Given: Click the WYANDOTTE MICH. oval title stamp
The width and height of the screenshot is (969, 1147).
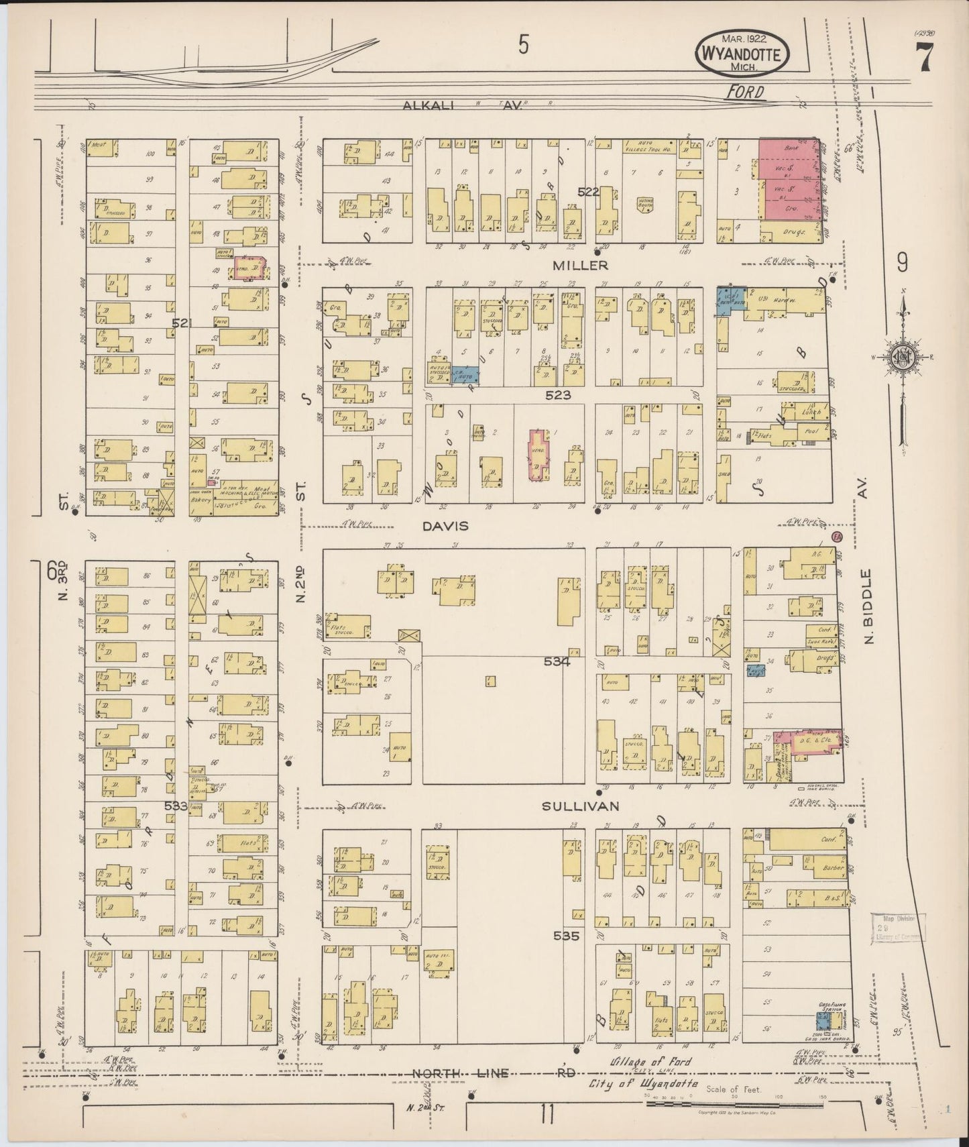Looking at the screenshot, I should point(742,52).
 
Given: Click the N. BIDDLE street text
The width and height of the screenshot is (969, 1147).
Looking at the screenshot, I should point(869,606).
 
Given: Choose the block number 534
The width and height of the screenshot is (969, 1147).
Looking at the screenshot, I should point(557,661).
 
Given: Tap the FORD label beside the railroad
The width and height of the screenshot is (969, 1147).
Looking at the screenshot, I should point(745,92).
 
